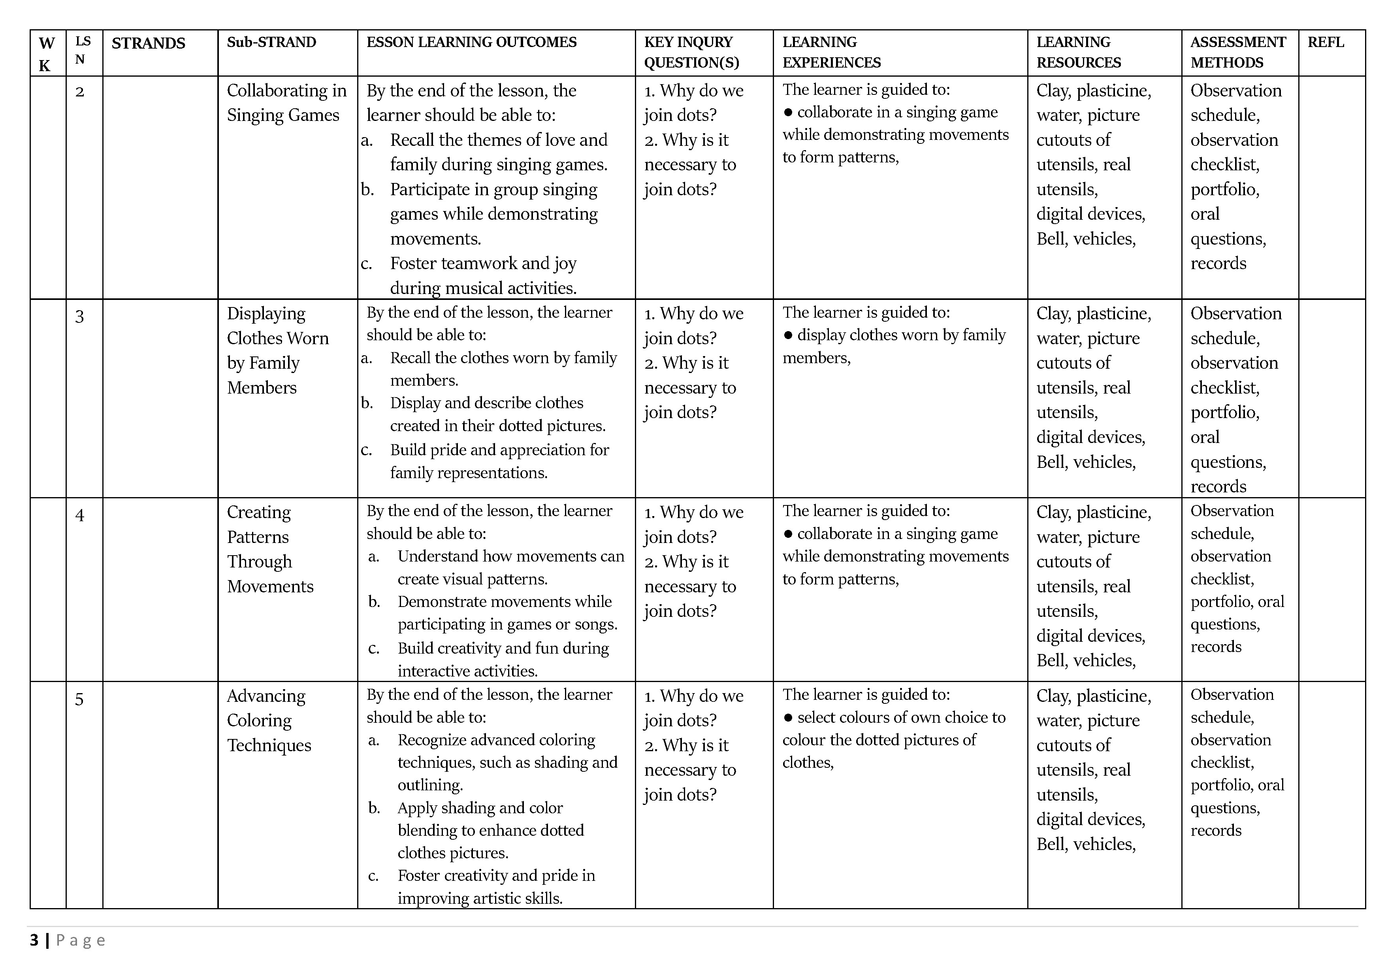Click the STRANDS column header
click(149, 43)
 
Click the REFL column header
click(1326, 42)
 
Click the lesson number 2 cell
click(80, 92)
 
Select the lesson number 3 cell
click(80, 317)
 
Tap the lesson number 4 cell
click(80, 515)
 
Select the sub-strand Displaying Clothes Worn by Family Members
click(278, 350)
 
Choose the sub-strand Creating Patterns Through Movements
click(270, 549)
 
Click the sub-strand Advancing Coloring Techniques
click(269, 720)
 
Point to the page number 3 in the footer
click(34, 940)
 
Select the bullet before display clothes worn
click(788, 335)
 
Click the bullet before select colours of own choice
click(788, 717)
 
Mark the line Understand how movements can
click(511, 556)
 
